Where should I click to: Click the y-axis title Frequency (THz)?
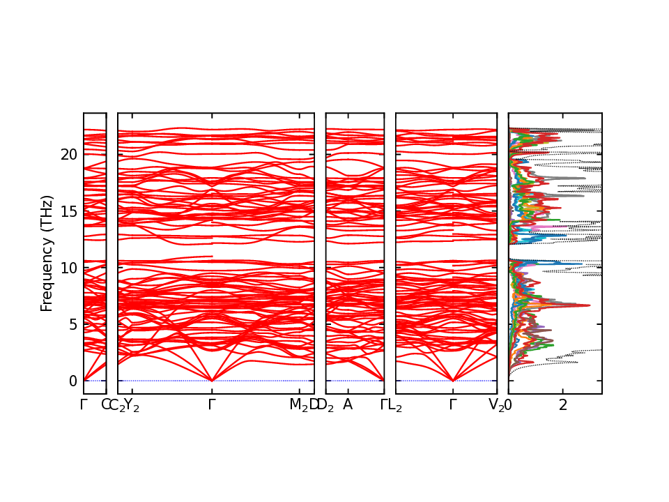[47, 253]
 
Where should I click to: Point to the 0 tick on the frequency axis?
[72, 381]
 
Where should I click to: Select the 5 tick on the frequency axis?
[72, 324]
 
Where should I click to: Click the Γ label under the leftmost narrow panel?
[84, 405]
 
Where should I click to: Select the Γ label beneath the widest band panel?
[212, 405]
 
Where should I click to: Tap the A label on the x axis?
[347, 405]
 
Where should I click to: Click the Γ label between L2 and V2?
[453, 405]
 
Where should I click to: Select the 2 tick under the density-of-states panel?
[563, 405]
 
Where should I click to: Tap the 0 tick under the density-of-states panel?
[509, 405]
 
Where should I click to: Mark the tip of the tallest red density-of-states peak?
[590, 305]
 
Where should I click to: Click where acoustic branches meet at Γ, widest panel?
[212, 381]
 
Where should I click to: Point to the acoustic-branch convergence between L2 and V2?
[453, 381]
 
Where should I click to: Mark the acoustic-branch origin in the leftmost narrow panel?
[84, 381]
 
